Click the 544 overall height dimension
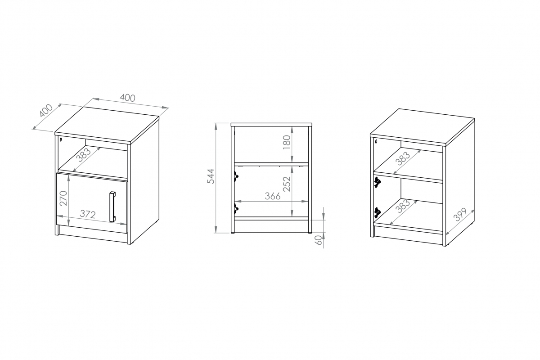[211, 176]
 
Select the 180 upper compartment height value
[287, 142]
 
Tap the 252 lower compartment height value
[287, 184]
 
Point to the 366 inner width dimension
[273, 196]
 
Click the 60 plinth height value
[319, 240]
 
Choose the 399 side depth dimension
[460, 215]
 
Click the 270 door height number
[63, 198]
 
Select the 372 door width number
[88, 214]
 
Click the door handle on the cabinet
[112, 207]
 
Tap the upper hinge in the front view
[236, 177]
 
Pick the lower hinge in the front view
[236, 208]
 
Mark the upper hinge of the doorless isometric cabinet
[377, 182]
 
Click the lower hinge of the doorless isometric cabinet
[377, 212]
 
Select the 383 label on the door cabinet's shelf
[83, 155]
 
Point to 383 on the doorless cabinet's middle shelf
[404, 158]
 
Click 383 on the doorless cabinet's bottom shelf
[404, 206]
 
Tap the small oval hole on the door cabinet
[61, 139]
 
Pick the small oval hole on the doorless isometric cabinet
[376, 141]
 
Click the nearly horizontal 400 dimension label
[127, 98]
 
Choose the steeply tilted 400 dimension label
[46, 111]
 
